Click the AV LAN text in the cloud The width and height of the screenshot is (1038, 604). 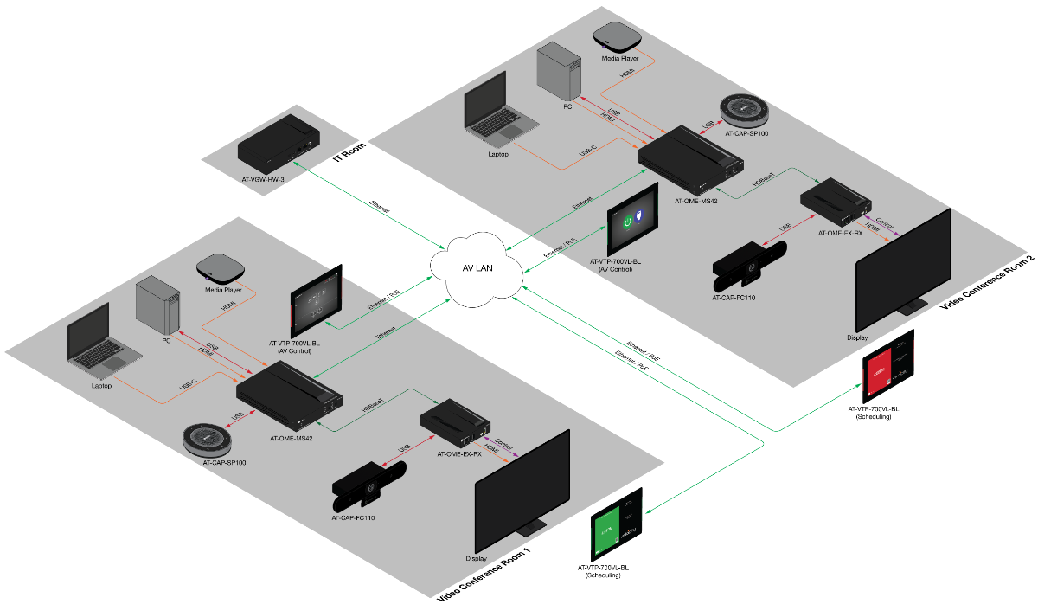tap(477, 268)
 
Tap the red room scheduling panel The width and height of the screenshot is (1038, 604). tap(888, 366)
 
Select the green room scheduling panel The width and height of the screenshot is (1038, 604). tap(617, 524)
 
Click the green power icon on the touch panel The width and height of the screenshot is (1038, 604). tap(625, 222)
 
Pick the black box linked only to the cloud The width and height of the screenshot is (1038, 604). tap(279, 144)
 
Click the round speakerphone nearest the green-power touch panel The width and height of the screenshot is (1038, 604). tap(744, 110)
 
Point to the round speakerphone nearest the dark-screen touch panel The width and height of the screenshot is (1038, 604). tap(208, 439)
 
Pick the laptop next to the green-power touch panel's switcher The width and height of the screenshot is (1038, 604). tap(498, 107)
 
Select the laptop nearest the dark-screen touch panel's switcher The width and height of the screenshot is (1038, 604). tap(102, 341)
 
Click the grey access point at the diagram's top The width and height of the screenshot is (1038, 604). tap(618, 35)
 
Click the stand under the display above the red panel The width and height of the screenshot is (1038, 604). tap(913, 305)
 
